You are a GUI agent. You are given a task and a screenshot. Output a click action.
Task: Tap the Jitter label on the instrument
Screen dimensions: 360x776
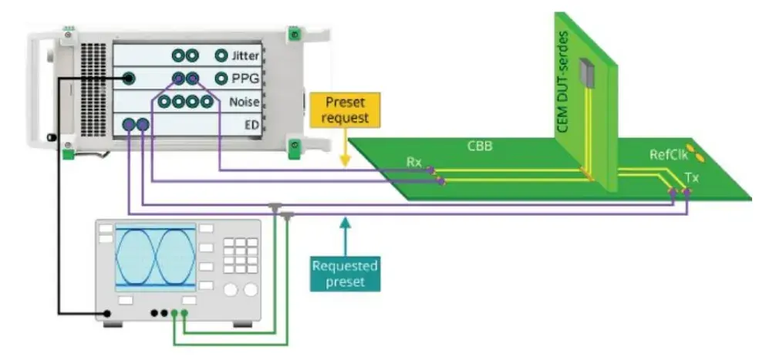[x=246, y=56]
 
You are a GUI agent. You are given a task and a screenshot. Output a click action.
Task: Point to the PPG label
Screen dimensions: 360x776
[x=245, y=79]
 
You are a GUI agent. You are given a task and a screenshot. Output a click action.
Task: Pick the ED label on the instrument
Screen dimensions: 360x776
[x=251, y=125]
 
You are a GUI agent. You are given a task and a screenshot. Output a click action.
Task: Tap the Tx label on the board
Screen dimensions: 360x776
[x=691, y=177]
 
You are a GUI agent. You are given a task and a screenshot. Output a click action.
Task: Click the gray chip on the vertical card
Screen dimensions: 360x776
[x=589, y=71]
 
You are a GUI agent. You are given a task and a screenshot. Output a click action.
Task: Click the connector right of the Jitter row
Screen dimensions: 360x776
[x=221, y=56]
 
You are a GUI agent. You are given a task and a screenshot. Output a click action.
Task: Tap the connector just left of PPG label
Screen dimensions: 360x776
[x=221, y=78]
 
